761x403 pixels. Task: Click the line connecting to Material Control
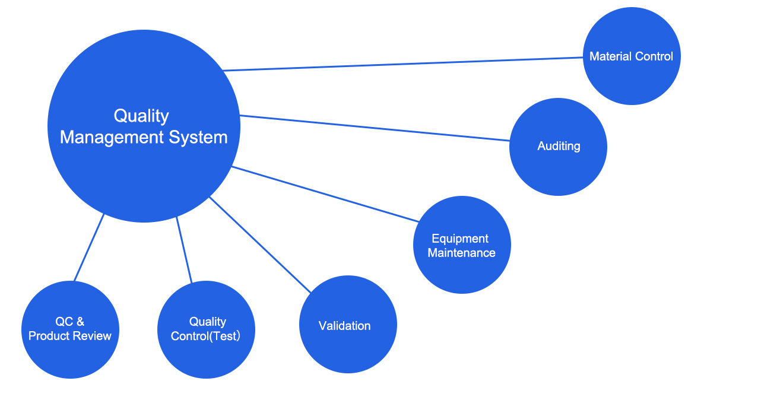[x=402, y=64]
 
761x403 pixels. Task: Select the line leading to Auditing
[x=374, y=128]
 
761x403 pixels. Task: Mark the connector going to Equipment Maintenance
[x=325, y=194]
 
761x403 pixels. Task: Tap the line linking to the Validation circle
[x=260, y=245]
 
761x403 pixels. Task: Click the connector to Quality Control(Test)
[x=184, y=249]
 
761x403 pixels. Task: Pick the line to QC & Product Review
[x=89, y=247]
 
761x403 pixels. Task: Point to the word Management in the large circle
[x=112, y=138]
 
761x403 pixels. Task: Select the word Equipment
[x=460, y=239]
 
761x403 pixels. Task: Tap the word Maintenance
[x=461, y=253]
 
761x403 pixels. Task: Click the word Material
[x=610, y=56]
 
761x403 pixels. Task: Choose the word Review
[x=95, y=336]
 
